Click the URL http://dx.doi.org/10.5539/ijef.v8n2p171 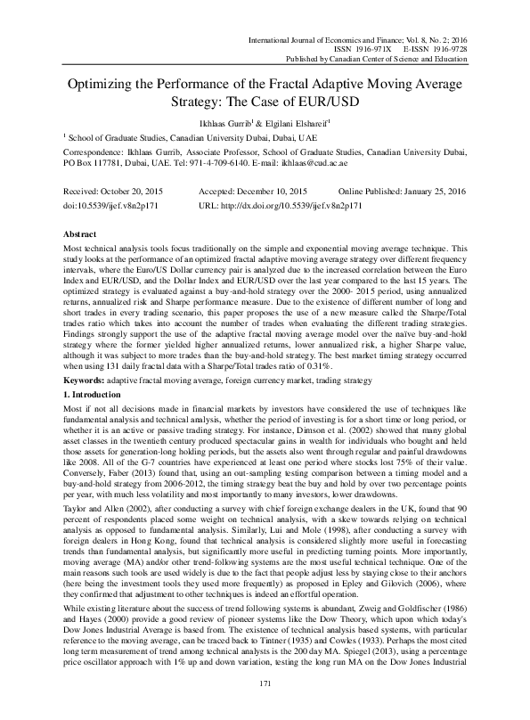coord(278,204)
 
